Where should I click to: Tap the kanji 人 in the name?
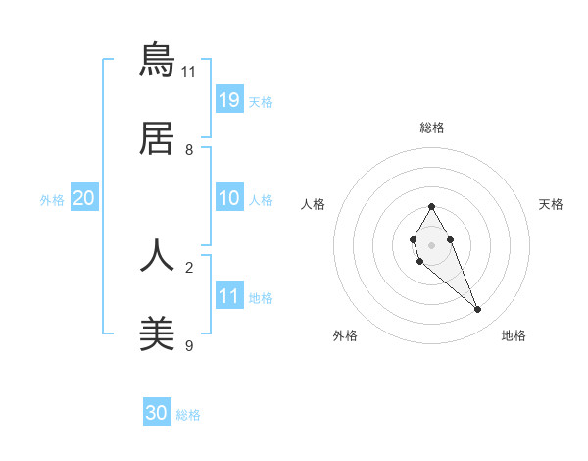pyautogui.click(x=157, y=255)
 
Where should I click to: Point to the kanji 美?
pyautogui.click(x=157, y=334)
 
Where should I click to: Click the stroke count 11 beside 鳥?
pyautogui.click(x=189, y=71)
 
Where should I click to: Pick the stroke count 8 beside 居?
pyautogui.click(x=189, y=150)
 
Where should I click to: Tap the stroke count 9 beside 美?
pyautogui.click(x=189, y=346)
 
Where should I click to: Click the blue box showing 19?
pyautogui.click(x=229, y=99)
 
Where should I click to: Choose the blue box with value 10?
pyautogui.click(x=229, y=198)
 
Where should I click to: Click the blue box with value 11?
pyautogui.click(x=229, y=295)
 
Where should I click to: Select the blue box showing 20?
pyautogui.click(x=84, y=198)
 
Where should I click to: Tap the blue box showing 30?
pyautogui.click(x=157, y=413)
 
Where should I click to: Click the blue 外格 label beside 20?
pyautogui.click(x=52, y=200)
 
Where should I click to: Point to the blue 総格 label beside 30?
pyautogui.click(x=188, y=415)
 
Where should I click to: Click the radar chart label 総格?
pyautogui.click(x=432, y=128)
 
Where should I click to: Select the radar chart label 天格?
pyautogui.click(x=551, y=204)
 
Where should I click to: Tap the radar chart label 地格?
pyautogui.click(x=514, y=335)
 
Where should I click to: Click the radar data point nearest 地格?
pyautogui.click(x=478, y=310)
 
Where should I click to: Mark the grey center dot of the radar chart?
pyautogui.click(x=431, y=243)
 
